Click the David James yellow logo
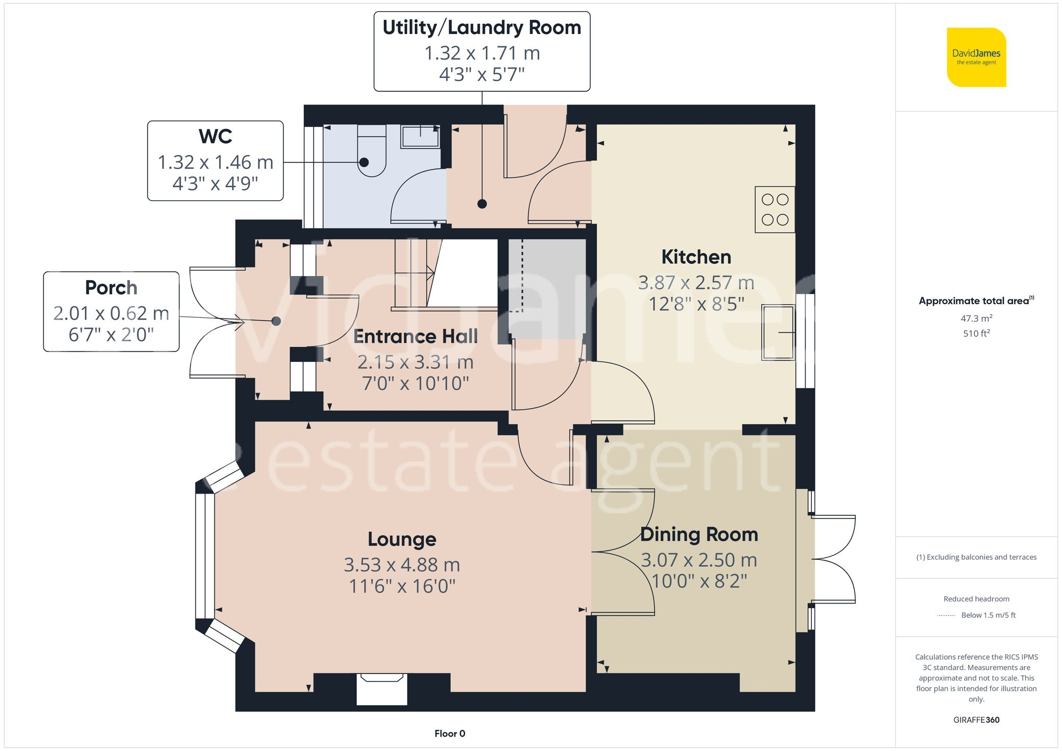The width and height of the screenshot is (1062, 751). click(976, 57)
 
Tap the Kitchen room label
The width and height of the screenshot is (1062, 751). click(696, 257)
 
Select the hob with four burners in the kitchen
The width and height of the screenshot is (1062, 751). click(775, 210)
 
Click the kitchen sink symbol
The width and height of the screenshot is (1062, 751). click(778, 332)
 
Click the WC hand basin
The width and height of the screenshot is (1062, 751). click(420, 136)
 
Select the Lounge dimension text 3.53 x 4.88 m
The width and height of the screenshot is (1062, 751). click(401, 565)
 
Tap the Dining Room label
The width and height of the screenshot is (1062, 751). click(699, 534)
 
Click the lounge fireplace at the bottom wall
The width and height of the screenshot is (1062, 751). click(382, 688)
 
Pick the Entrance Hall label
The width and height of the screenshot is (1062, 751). click(415, 336)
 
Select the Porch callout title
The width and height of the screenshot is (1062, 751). click(111, 288)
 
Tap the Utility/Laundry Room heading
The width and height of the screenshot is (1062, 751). click(482, 28)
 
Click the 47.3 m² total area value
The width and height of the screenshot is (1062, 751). click(976, 318)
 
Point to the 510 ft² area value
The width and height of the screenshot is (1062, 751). click(976, 334)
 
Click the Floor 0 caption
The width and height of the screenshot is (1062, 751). click(449, 733)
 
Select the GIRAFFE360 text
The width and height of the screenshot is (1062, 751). click(976, 720)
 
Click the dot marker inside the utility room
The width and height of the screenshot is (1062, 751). click(482, 204)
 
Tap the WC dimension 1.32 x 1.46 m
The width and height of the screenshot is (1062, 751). click(215, 162)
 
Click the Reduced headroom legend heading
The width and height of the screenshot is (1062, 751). click(976, 599)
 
